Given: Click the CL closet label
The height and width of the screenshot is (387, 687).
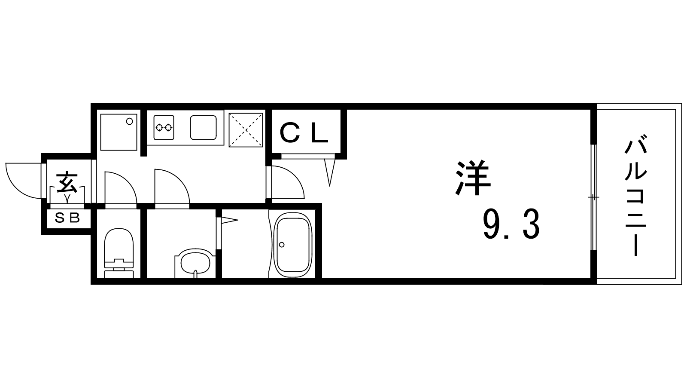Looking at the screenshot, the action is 304,133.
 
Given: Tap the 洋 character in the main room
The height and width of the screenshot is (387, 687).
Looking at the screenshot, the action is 473,178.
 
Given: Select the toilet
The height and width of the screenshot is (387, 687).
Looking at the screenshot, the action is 119,253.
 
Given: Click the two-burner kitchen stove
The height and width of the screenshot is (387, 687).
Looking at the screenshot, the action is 164,127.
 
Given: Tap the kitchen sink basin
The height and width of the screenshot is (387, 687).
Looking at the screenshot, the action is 204,127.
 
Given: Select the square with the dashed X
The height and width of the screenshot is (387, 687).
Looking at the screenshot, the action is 246,130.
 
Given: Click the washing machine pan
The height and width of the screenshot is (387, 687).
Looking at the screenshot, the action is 119,132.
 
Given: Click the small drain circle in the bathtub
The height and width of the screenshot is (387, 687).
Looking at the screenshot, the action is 282,245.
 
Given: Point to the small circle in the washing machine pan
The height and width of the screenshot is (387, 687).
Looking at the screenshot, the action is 130,121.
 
